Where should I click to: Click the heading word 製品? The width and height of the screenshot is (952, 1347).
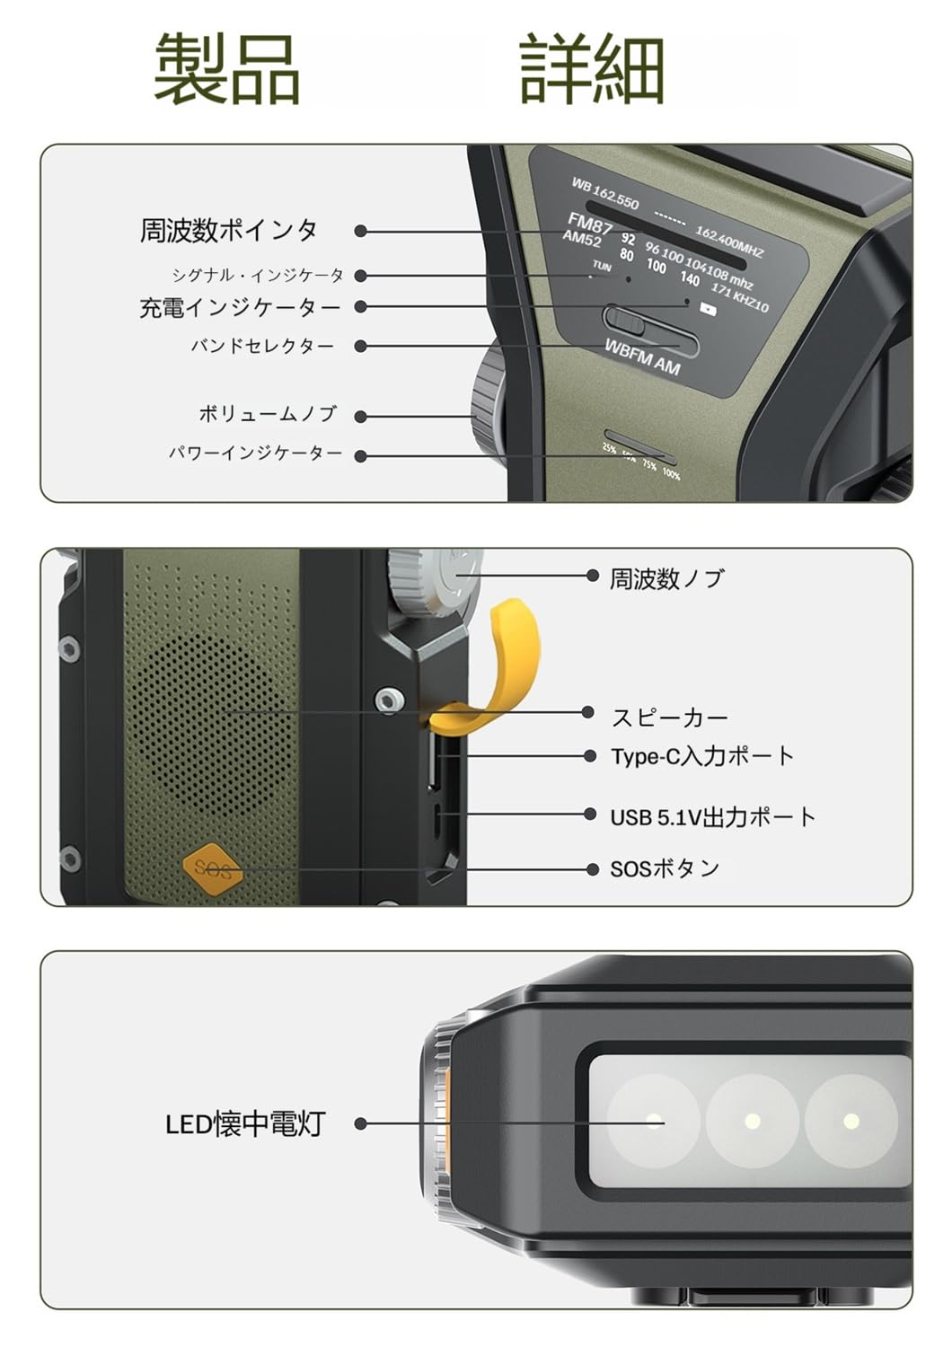[x=226, y=68]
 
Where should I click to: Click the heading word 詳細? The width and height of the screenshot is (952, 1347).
[x=592, y=68]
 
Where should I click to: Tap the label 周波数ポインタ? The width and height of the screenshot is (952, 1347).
[x=229, y=231]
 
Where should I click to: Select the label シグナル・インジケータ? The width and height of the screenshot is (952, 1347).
[x=258, y=276]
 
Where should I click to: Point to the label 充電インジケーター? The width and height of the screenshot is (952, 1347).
[x=240, y=308]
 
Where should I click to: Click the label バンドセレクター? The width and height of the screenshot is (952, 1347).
[x=261, y=347]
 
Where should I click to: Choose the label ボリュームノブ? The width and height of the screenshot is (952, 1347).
[x=268, y=414]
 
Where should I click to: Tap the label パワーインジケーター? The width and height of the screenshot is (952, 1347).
[x=256, y=453]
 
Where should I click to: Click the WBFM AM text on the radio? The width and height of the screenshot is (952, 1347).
[x=641, y=357]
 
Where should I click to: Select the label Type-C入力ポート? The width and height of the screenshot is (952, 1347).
[x=702, y=756]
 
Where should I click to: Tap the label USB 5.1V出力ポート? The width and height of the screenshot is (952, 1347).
[x=713, y=817]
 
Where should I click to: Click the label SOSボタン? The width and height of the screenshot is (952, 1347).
[x=666, y=869]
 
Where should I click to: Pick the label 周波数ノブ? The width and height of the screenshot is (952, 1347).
[x=666, y=579]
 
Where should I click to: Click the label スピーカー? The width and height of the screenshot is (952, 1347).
[x=669, y=718]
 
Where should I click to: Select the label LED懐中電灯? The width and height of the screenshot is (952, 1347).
[x=244, y=1124]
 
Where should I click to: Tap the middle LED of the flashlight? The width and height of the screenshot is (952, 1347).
[x=753, y=1121]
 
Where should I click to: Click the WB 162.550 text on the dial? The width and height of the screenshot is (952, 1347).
[x=605, y=193]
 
